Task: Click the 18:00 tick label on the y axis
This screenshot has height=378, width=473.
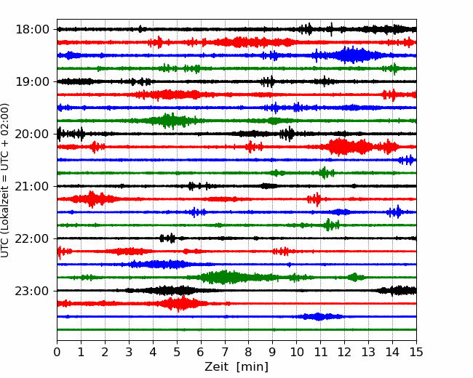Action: point(32,30)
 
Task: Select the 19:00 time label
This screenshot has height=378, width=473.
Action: point(32,81)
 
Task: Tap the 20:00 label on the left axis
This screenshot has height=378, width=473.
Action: point(32,134)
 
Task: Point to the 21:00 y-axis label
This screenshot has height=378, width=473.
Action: point(32,186)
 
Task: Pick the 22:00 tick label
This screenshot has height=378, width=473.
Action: point(32,238)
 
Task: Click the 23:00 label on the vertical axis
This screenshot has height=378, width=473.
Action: point(32,291)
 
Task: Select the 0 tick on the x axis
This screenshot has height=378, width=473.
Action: point(57,352)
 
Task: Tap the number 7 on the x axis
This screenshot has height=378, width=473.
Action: point(225,352)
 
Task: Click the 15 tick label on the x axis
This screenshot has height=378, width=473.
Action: point(416,352)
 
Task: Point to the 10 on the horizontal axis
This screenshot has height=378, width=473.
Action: point(296,352)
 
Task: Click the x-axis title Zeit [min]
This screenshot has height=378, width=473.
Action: point(236,367)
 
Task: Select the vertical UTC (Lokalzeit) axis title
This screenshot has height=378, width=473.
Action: point(5,180)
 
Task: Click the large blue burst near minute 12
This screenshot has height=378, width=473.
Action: point(351,55)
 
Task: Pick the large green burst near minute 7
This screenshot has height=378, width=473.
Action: point(223,277)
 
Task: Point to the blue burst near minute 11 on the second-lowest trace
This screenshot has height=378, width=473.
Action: point(319,316)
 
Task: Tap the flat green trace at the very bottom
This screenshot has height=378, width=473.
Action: point(236,330)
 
